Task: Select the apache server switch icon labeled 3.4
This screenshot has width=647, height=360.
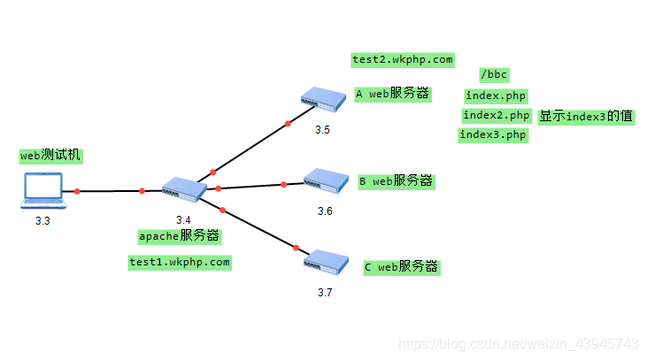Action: (184, 188)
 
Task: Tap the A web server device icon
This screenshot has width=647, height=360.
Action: (321, 99)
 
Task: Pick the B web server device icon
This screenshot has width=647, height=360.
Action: (326, 182)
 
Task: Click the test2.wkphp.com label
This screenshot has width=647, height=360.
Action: (403, 60)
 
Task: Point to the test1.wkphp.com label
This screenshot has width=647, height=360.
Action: (179, 262)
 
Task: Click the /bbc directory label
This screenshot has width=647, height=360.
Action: (494, 75)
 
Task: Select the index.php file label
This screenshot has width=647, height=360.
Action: (496, 95)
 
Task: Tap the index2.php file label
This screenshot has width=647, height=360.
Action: (496, 115)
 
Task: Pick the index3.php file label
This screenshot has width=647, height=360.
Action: (493, 134)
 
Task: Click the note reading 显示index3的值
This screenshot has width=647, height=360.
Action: (586, 116)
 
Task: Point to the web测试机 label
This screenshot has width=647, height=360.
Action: (50, 156)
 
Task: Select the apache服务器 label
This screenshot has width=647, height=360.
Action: (179, 236)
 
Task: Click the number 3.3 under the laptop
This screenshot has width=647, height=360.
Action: (42, 221)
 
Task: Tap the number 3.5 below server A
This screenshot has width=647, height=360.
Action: (322, 130)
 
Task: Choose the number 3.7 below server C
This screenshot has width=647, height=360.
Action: (325, 292)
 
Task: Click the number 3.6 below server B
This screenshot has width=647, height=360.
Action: (325, 211)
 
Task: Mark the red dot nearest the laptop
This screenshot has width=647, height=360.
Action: (78, 191)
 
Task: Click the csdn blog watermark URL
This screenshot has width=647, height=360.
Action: (519, 342)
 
